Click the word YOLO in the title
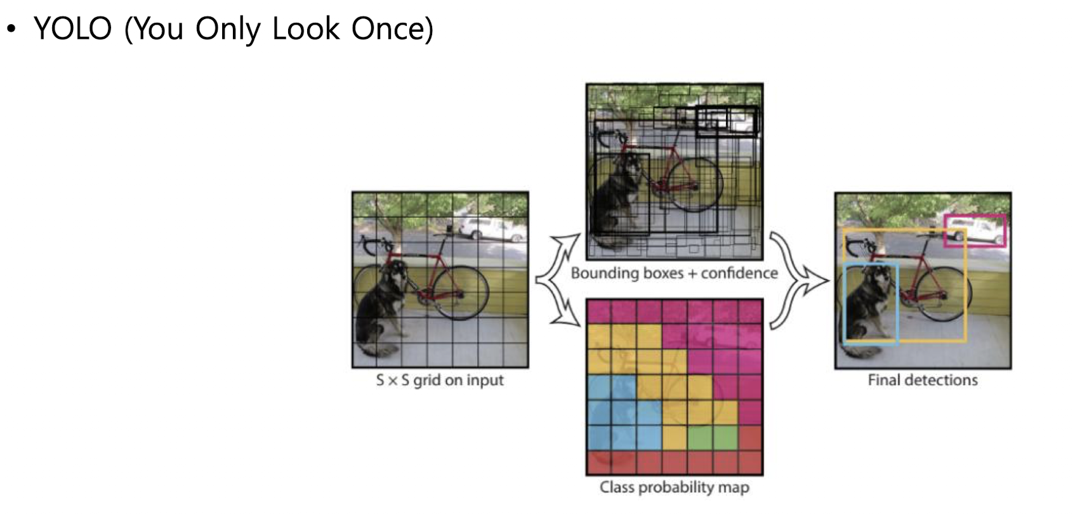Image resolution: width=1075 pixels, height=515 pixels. tap(72, 29)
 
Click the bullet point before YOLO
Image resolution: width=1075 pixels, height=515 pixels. tap(11, 29)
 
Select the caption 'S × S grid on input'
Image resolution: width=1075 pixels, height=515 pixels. tap(439, 381)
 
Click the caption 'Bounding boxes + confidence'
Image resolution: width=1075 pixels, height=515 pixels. tap(674, 273)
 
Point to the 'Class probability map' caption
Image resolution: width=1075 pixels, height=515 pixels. tap(674, 488)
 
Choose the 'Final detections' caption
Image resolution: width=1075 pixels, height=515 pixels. tap(922, 381)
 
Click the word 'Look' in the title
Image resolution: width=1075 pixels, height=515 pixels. tap(305, 29)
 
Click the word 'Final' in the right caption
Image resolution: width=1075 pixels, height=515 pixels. tap(884, 381)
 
